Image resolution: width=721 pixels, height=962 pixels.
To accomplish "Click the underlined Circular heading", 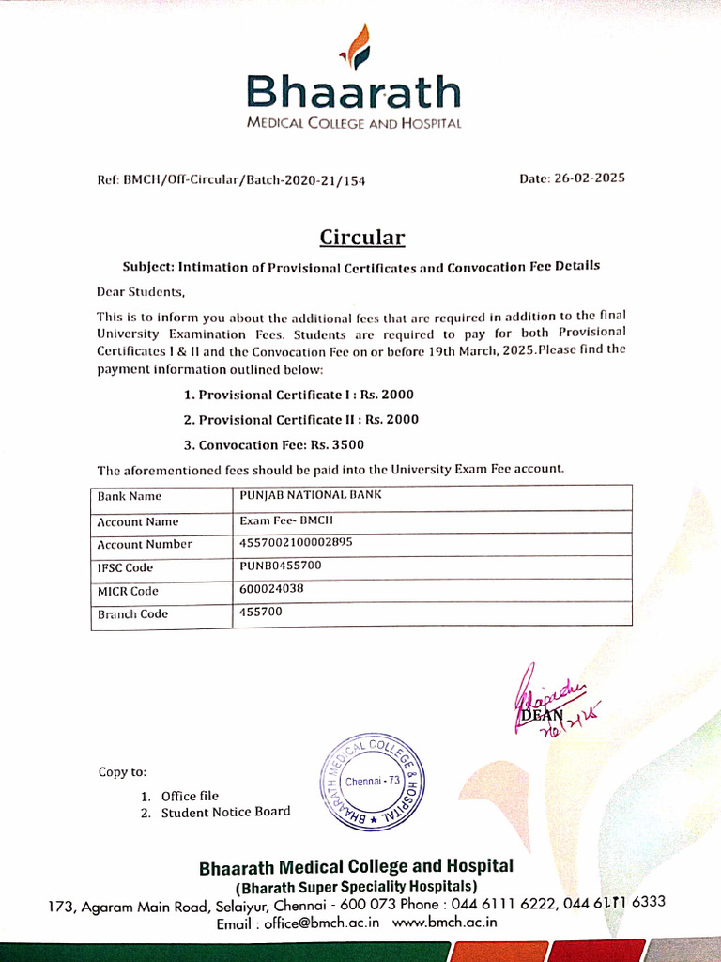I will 361,237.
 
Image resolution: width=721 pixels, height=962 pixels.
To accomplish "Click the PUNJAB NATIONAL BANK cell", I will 311,495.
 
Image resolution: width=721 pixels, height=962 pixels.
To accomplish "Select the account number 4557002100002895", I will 296,542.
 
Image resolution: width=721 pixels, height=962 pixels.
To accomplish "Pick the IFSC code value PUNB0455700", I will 281,566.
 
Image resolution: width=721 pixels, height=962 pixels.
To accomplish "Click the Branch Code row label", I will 132,614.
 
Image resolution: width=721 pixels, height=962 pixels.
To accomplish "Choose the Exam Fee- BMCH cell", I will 286,520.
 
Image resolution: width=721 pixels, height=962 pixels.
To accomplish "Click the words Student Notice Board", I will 225,812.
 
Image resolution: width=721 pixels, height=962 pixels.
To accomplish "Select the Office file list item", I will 190,796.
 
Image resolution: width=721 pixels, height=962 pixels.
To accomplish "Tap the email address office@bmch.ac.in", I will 321,923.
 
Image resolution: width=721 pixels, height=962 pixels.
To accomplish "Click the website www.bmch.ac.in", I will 444,923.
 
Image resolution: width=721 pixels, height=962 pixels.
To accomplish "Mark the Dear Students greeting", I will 142,292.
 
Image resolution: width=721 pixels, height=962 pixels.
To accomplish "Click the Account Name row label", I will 137,521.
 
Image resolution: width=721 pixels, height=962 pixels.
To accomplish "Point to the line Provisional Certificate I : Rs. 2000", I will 299,395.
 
